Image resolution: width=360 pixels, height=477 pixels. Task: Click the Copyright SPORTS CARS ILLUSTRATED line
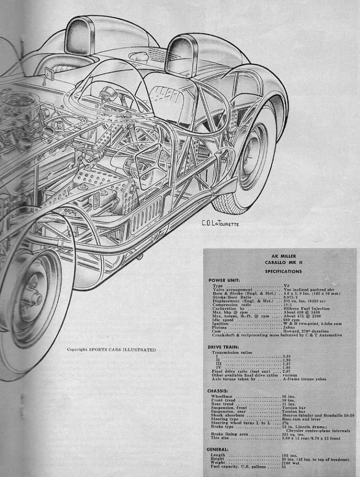click(111, 349)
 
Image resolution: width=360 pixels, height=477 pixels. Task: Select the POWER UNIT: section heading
click(224, 281)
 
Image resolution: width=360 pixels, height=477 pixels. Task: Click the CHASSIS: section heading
click(218, 391)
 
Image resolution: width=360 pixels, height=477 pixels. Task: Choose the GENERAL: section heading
click(219, 449)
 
